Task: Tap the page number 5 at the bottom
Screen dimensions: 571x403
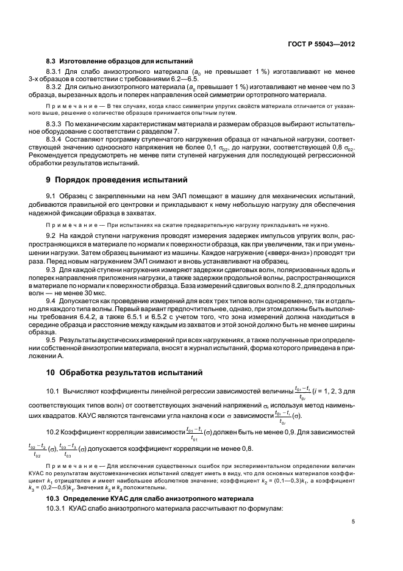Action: pos(354,521)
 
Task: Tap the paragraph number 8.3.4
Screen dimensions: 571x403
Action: pos(56,139)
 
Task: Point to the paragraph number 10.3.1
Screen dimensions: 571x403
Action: pos(58,492)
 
